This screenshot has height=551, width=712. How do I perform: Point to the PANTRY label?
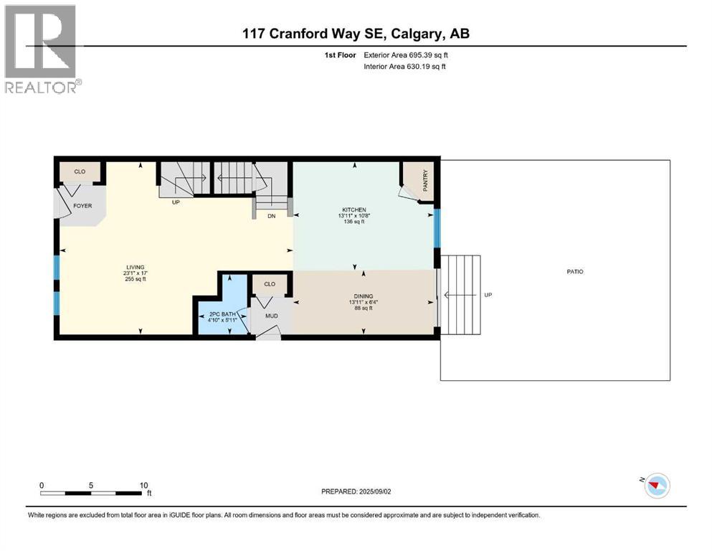(x=425, y=179)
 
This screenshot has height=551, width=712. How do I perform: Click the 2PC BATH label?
(x=222, y=314)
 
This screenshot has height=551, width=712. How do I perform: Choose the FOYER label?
(x=82, y=205)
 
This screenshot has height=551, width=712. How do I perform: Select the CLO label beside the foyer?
(x=80, y=172)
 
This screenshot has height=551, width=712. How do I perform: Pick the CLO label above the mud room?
(x=270, y=284)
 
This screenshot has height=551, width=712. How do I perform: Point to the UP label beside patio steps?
(x=488, y=295)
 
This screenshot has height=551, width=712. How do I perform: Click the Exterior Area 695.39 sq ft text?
(x=406, y=55)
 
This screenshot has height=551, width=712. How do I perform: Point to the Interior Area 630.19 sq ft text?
(x=404, y=67)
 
